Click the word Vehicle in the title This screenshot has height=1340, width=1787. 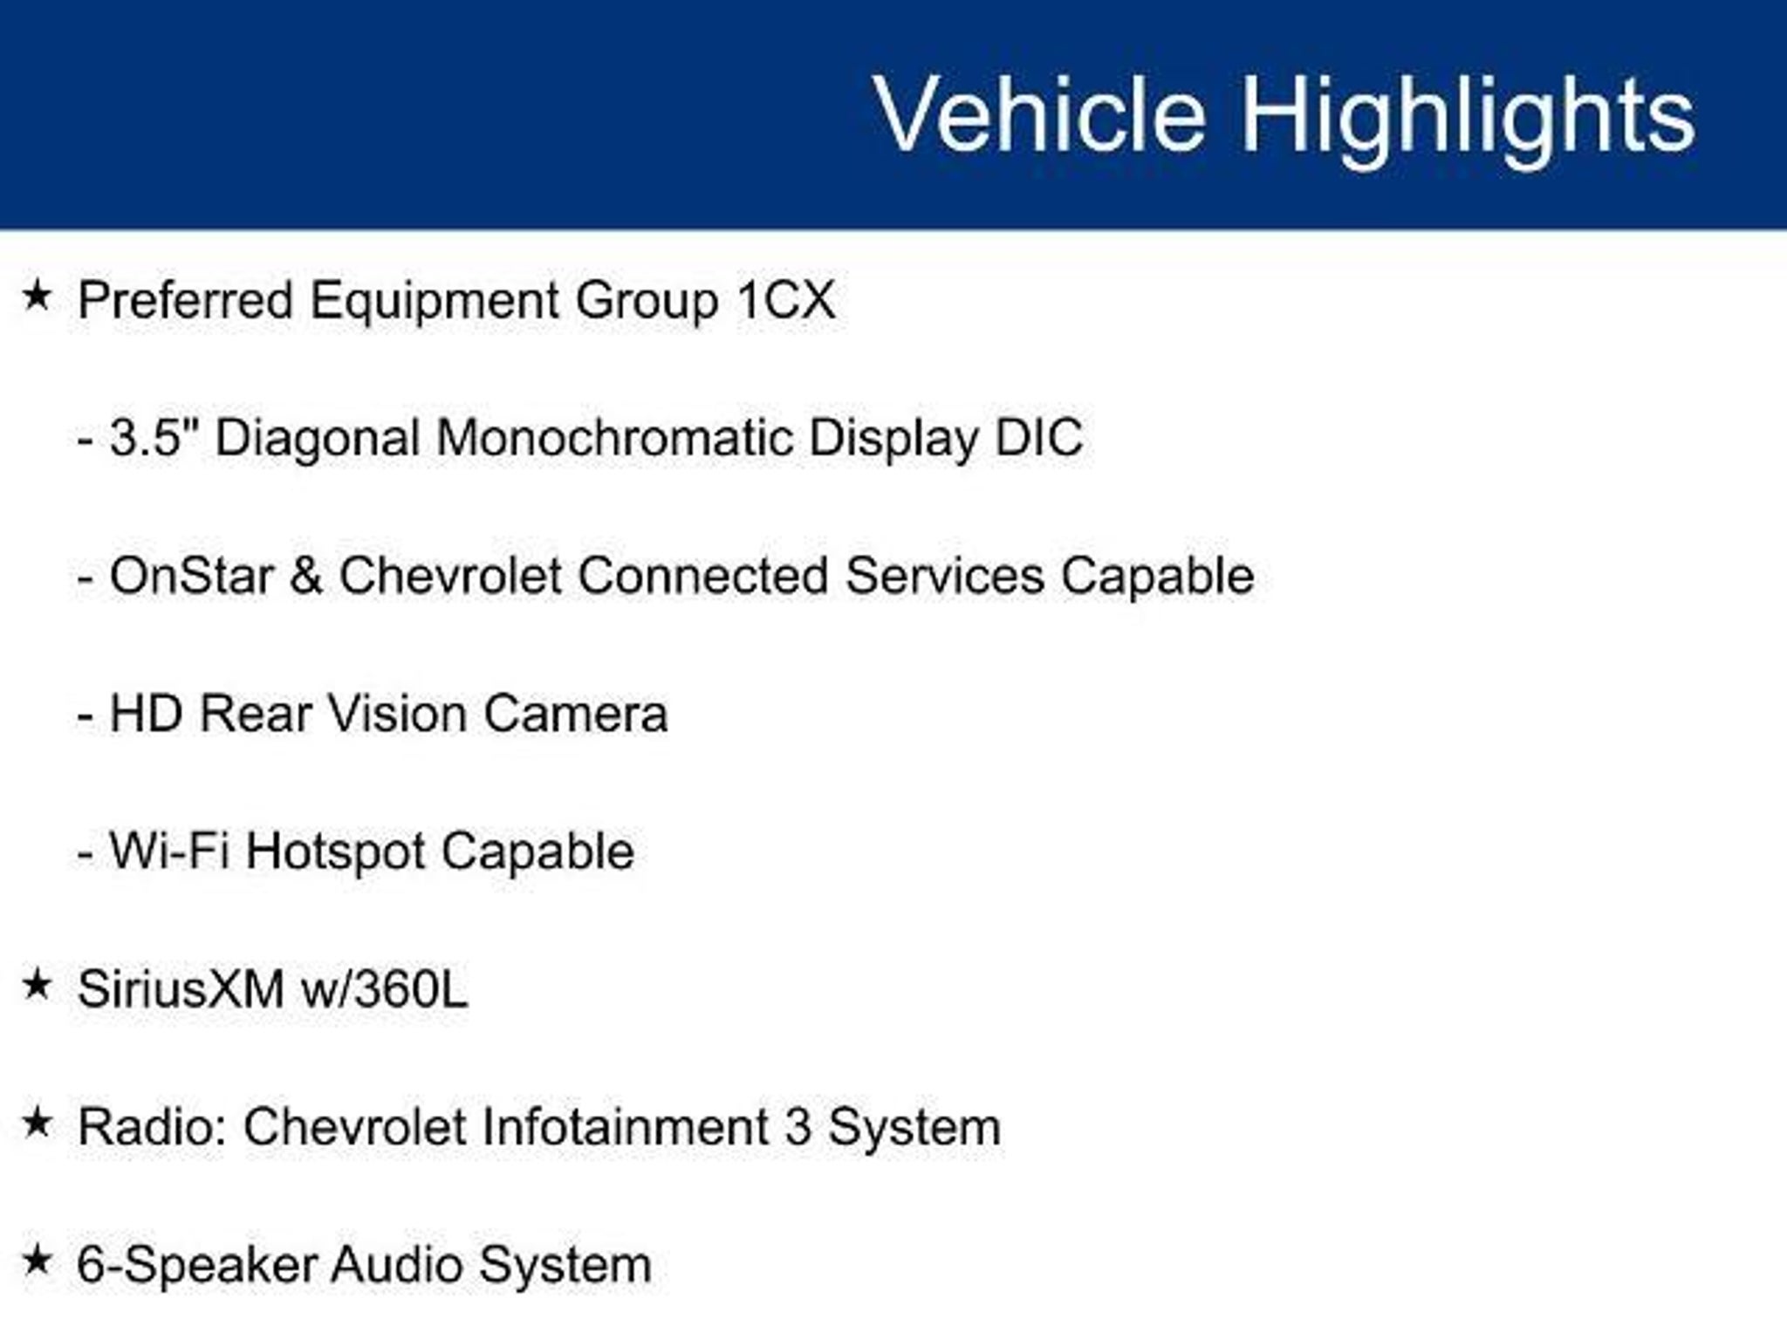pos(1040,114)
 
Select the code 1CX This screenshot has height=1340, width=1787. pos(786,300)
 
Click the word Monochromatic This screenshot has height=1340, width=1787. pos(614,437)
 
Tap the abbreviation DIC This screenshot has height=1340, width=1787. pos(1038,437)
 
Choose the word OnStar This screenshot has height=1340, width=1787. pos(191,576)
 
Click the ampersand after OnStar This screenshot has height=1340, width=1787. pos(306,576)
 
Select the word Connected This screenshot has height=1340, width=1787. pos(702,576)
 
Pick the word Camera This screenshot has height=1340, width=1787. pos(576,714)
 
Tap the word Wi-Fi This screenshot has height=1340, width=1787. pos(170,851)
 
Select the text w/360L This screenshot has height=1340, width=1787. pos(384,989)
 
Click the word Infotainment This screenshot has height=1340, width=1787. pos(626,1126)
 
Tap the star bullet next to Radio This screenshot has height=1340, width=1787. pos(37,1122)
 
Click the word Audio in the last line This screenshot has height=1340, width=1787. pos(397,1264)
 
